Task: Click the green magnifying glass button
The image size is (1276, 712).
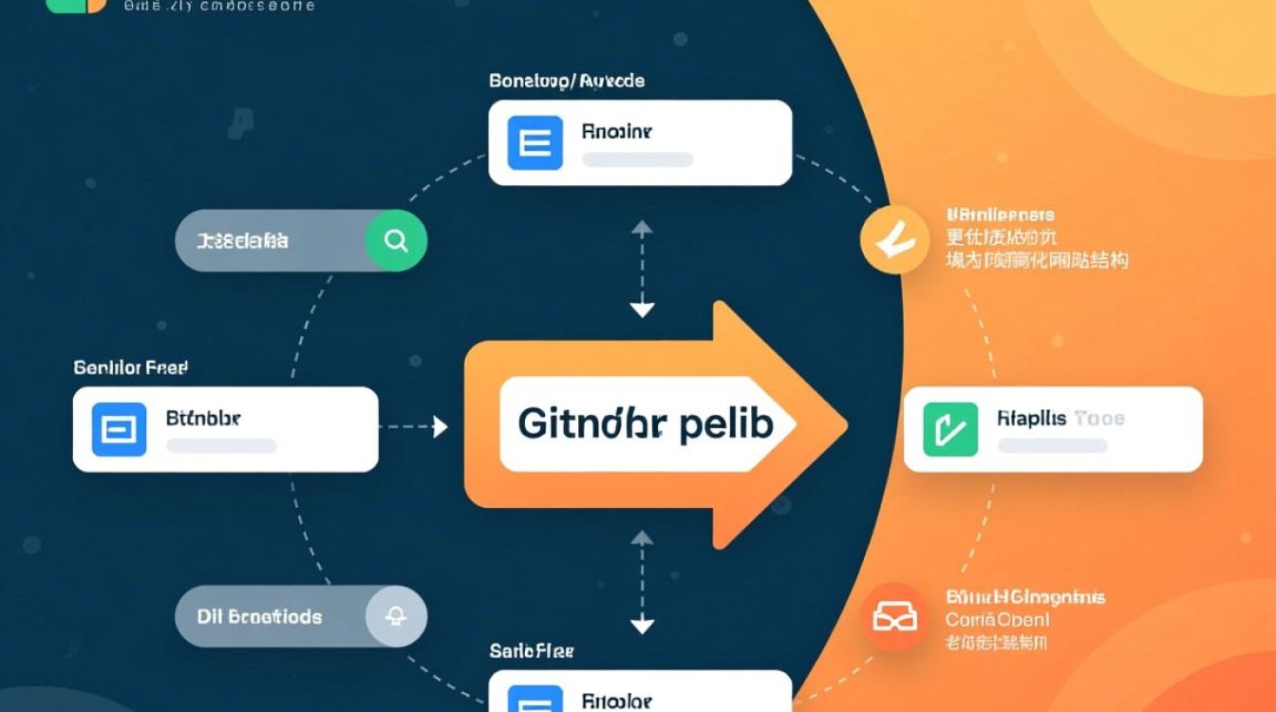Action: [396, 241]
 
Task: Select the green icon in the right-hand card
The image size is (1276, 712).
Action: [950, 429]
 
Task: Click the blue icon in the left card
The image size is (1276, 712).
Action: [119, 429]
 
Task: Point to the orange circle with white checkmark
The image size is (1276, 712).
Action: [893, 241]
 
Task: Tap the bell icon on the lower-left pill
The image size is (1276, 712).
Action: [396, 617]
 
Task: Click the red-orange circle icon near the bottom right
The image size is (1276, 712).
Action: [894, 617]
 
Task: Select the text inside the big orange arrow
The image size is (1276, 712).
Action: [645, 424]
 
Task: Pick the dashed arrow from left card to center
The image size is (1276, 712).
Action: [414, 427]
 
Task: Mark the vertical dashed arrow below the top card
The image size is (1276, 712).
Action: [643, 269]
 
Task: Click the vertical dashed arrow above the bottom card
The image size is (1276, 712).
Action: [643, 581]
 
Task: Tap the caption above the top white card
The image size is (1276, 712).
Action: [567, 82]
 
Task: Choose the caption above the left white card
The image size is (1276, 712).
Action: [130, 366]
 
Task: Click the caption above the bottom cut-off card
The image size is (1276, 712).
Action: [532, 651]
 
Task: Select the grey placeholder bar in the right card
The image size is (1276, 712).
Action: [1052, 445]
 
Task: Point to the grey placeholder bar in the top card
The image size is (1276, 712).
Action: [636, 159]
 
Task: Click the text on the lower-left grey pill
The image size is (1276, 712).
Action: [259, 617]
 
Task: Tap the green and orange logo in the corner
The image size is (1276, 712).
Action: [76, 5]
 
